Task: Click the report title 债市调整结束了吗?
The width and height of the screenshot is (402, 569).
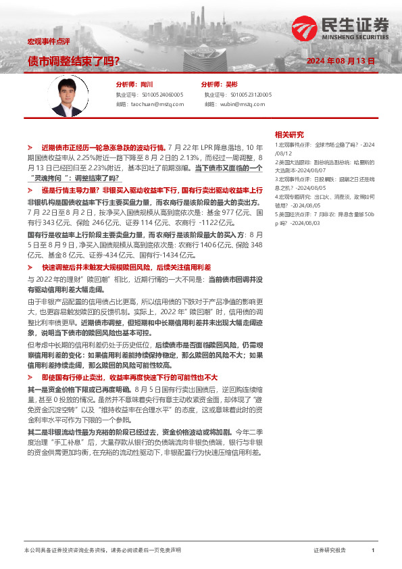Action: (74, 61)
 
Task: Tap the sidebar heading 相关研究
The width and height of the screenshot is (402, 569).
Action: (289, 134)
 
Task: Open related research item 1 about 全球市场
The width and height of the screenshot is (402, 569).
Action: (324, 147)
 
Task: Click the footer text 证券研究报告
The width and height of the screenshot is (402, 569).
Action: (330, 551)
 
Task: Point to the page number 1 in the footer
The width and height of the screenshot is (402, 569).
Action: (373, 551)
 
